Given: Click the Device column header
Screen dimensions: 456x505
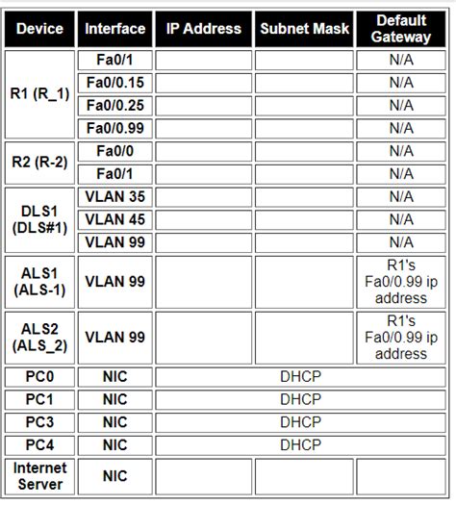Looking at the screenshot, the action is click(39, 29).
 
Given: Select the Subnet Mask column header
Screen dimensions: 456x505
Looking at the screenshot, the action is click(304, 29).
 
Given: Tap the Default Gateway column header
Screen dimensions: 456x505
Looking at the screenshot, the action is click(401, 29).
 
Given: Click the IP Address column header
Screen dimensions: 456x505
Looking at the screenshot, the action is click(203, 29).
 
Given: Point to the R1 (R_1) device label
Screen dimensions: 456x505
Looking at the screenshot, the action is click(39, 94).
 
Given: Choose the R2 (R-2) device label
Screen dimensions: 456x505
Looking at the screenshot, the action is click(39, 162).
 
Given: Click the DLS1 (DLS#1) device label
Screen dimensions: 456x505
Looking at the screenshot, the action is click(39, 219).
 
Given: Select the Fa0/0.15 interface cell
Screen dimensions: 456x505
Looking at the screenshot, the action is click(114, 83).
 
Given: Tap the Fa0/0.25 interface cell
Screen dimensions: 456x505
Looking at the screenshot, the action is click(114, 105).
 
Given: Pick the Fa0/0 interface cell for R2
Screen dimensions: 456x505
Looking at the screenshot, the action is click(114, 151).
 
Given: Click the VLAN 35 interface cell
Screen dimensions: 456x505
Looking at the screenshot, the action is click(114, 196).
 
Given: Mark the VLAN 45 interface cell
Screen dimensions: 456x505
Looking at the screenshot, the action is click(114, 219).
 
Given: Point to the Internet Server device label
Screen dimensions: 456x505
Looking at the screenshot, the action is click(39, 475).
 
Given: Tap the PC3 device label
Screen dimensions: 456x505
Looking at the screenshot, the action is click(39, 422).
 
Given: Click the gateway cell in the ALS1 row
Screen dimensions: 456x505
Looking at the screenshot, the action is click(401, 282).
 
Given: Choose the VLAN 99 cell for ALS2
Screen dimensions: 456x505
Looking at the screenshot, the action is click(114, 337).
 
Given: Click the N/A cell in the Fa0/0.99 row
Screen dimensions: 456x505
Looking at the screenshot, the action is click(401, 128).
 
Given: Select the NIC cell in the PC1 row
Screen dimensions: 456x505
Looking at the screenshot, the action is click(114, 399).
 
